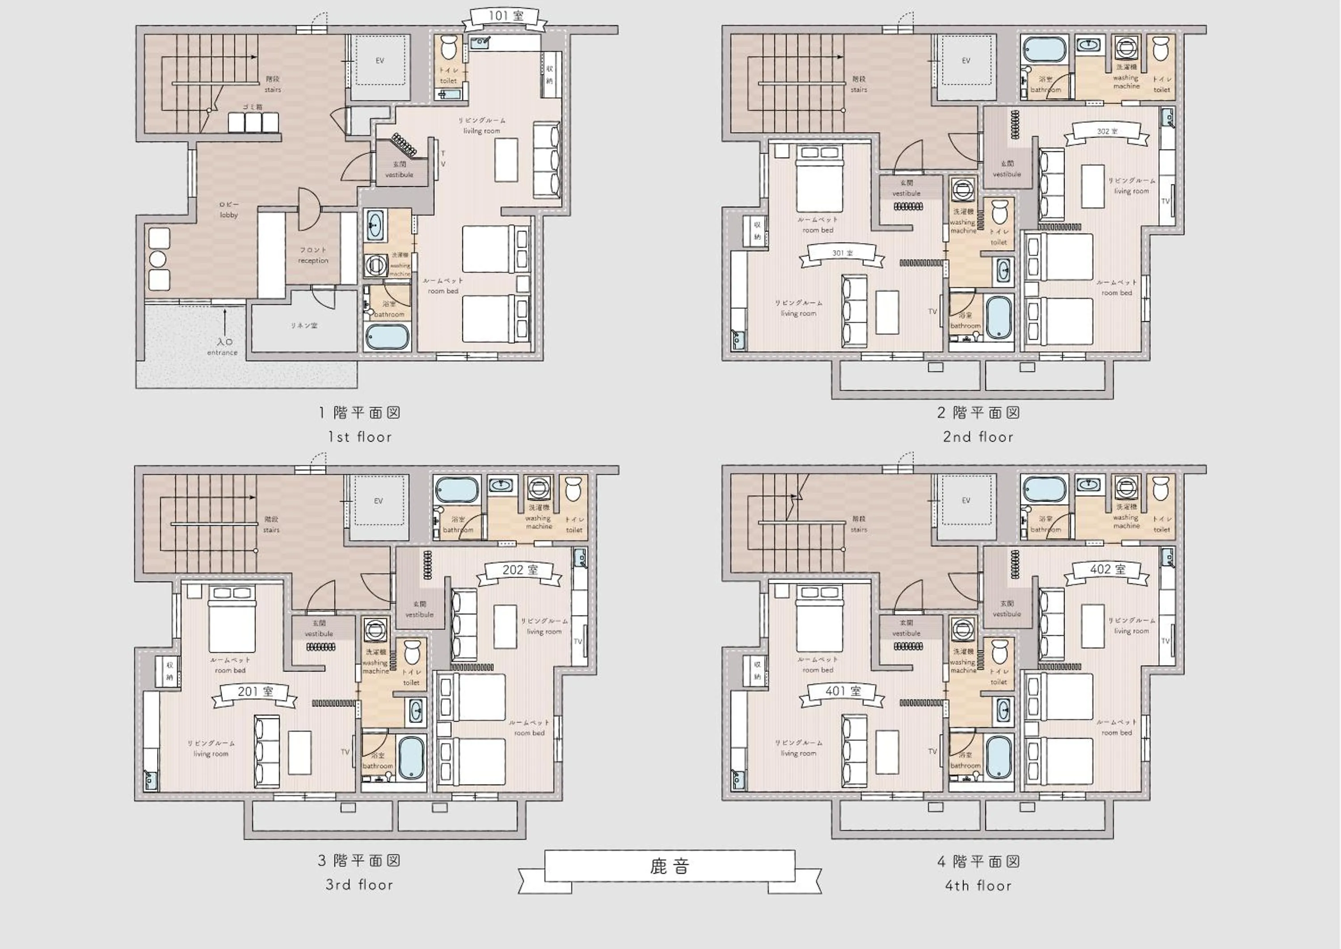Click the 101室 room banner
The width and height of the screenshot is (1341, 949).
coord(505,18)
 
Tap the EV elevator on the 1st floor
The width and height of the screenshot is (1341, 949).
coord(380,61)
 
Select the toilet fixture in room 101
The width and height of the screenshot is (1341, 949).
coord(448,48)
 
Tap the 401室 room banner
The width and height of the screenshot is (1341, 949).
coord(843,692)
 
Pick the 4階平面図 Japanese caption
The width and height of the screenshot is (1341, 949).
coord(978,862)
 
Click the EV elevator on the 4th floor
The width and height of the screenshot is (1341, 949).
coord(966,501)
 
